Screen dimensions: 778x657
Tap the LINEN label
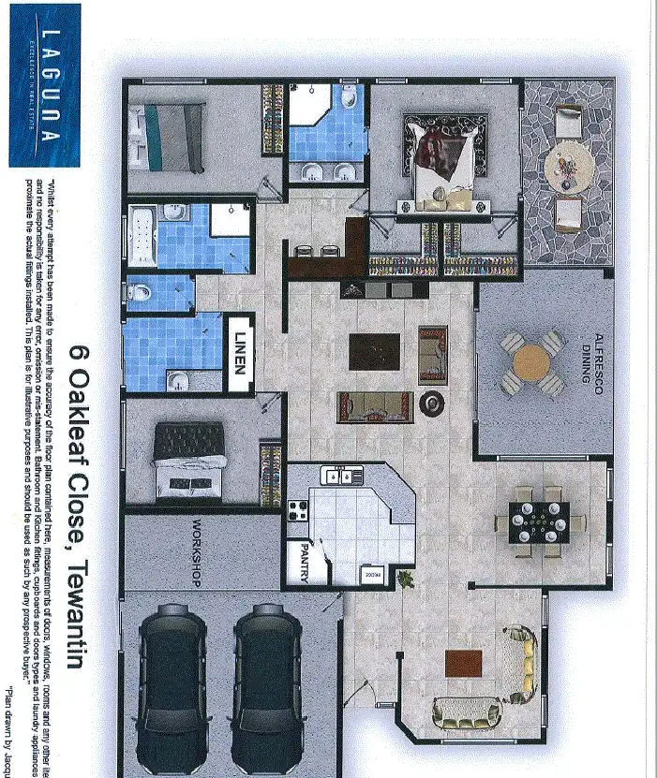[241, 351]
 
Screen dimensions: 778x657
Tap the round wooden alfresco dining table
[531, 361]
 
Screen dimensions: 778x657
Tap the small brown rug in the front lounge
[459, 663]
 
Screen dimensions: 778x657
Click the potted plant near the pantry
[406, 581]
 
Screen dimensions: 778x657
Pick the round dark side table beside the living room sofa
[432, 404]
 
